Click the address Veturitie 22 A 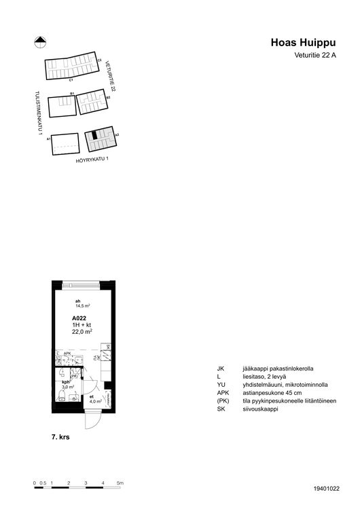click(x=315, y=56)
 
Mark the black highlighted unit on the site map click(x=96, y=136)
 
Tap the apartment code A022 click(x=79, y=318)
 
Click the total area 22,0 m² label click(x=82, y=331)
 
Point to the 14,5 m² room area click(x=83, y=306)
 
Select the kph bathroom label click(x=66, y=382)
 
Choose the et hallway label click(x=92, y=396)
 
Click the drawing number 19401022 click(x=327, y=488)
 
